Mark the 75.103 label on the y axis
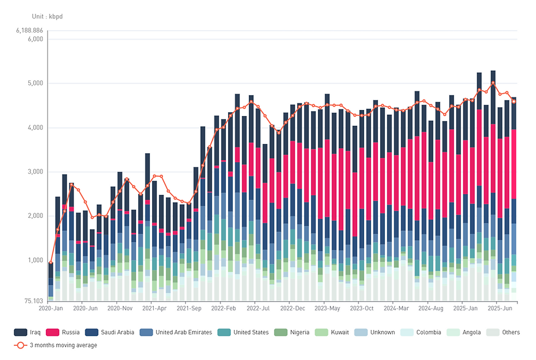click(33, 300)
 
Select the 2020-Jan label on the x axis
click(50, 309)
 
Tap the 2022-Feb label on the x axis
click(223, 309)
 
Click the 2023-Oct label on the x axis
click(362, 309)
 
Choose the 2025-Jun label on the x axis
click(499, 309)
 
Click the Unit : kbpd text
click(47, 16)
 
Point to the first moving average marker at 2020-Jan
click(51, 263)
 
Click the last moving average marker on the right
click(514, 101)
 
